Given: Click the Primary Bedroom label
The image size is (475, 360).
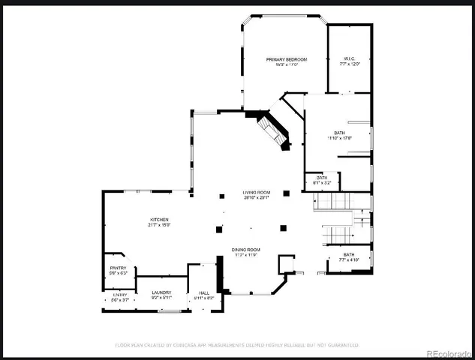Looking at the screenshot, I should (x=284, y=58).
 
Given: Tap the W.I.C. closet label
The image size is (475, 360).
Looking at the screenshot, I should (x=349, y=58).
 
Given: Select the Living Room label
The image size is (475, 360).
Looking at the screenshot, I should (x=255, y=192).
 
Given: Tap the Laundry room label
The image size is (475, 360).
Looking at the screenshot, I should (x=161, y=292).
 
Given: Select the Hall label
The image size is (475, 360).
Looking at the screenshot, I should (x=203, y=292).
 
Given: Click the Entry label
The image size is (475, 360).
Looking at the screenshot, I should (x=120, y=295).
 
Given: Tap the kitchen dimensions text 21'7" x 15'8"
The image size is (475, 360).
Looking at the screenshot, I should (x=158, y=225).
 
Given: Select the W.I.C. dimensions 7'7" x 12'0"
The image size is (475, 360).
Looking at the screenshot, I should (x=349, y=64).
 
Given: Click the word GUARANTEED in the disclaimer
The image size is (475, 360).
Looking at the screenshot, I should (x=339, y=345).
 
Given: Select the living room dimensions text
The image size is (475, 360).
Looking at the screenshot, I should (x=255, y=198).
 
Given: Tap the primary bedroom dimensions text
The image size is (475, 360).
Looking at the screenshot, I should (x=284, y=64).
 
